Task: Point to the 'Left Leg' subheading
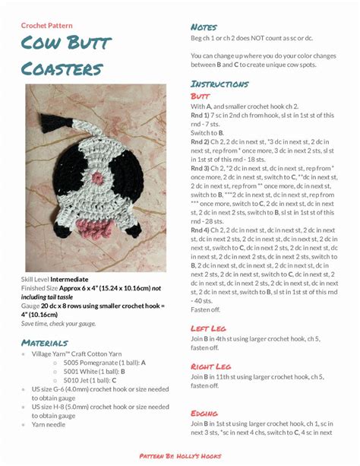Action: point(212,328)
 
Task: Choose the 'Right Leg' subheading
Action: point(215,367)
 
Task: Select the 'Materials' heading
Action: point(49,343)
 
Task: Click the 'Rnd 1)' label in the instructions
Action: point(201,115)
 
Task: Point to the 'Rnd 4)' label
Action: point(201,230)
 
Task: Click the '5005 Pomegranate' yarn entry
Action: point(97,363)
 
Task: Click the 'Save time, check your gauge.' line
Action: point(59,324)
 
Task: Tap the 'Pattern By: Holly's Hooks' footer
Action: point(179,455)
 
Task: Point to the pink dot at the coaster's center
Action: point(97,178)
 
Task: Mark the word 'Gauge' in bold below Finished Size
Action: point(32,306)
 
